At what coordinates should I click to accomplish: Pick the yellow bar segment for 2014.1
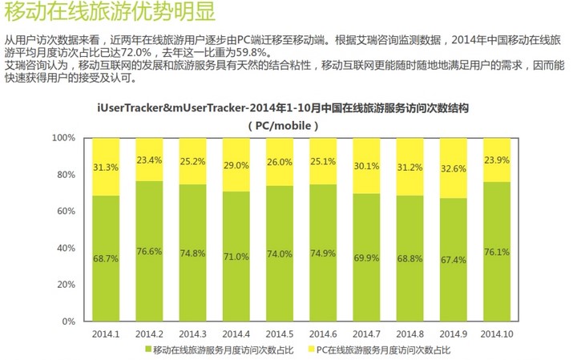tap(106, 167)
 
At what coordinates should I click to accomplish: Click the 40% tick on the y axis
tap(66, 248)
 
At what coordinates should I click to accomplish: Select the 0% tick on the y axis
tap(68, 322)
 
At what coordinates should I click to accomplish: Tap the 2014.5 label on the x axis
tap(280, 334)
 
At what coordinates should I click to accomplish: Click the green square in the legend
tap(147, 350)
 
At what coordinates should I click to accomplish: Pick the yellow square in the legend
tap(310, 350)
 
